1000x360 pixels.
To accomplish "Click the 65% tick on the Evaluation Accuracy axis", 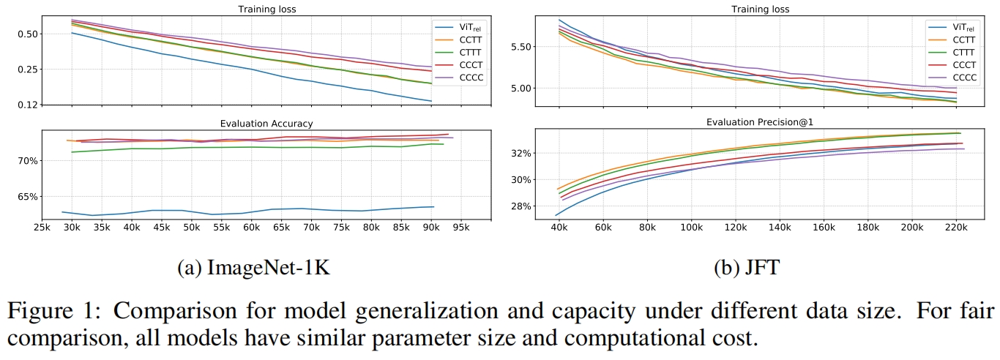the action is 28,197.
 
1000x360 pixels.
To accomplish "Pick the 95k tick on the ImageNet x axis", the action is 460,227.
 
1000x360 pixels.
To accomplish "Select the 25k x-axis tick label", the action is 42,227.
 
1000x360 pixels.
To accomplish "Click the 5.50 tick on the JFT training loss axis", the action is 521,47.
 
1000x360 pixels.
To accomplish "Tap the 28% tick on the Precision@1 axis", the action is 522,206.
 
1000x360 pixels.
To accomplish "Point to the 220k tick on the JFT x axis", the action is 956,227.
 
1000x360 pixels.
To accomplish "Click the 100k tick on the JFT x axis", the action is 691,227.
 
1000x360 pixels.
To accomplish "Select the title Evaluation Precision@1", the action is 760,122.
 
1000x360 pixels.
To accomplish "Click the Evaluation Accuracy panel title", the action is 266,124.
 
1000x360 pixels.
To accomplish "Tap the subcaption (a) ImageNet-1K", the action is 253,268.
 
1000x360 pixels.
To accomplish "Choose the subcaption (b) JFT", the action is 747,268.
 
